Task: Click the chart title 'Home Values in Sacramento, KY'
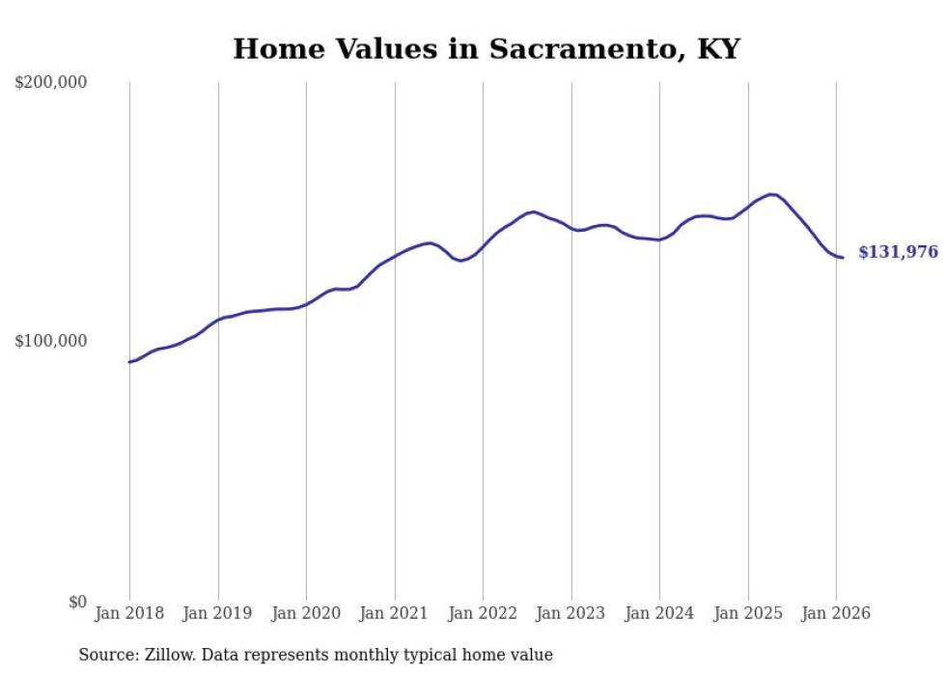(486, 48)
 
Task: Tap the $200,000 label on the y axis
(51, 83)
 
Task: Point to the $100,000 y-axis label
(51, 342)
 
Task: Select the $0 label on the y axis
(77, 603)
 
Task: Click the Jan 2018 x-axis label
(129, 614)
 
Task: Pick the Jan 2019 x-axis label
(218, 614)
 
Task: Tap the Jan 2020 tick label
(306, 614)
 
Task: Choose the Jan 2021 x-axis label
(395, 614)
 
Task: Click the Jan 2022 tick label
(483, 614)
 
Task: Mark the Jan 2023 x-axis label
(571, 614)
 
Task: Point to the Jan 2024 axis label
(659, 614)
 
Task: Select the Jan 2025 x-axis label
(748, 614)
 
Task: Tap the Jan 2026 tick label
(836, 614)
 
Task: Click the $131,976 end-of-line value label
(898, 253)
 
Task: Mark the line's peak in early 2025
(771, 194)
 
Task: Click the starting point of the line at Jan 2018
(129, 362)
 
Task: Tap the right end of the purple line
(843, 258)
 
